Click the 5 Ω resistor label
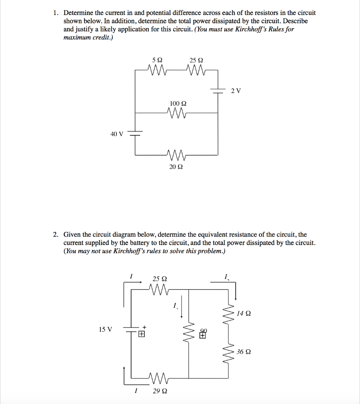[x=157, y=60]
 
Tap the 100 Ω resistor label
[x=178, y=103]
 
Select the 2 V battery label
[x=236, y=91]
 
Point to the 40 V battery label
[x=116, y=134]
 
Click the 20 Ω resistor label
[x=176, y=167]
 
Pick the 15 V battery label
[x=105, y=329]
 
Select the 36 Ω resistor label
[x=244, y=352]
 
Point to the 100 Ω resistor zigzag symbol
[x=178, y=113]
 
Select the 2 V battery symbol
[x=218, y=90]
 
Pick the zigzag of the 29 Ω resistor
[x=159, y=379]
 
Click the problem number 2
[x=56, y=234]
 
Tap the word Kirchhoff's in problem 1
[x=243, y=29]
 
